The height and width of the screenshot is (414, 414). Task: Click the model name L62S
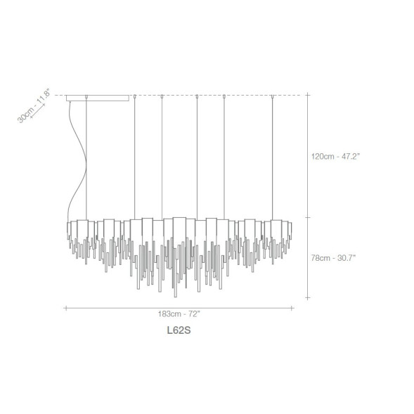point(179,330)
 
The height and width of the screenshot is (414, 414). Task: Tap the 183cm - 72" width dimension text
point(179,314)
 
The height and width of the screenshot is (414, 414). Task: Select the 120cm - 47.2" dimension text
point(335,156)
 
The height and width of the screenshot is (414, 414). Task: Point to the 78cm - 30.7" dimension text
point(333,258)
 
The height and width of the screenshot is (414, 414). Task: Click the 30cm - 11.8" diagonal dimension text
point(34,105)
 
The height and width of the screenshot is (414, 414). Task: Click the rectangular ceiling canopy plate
point(98,98)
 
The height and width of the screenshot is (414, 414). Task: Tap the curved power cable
point(77,162)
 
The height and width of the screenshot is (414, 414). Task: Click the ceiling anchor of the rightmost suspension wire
point(273,96)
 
